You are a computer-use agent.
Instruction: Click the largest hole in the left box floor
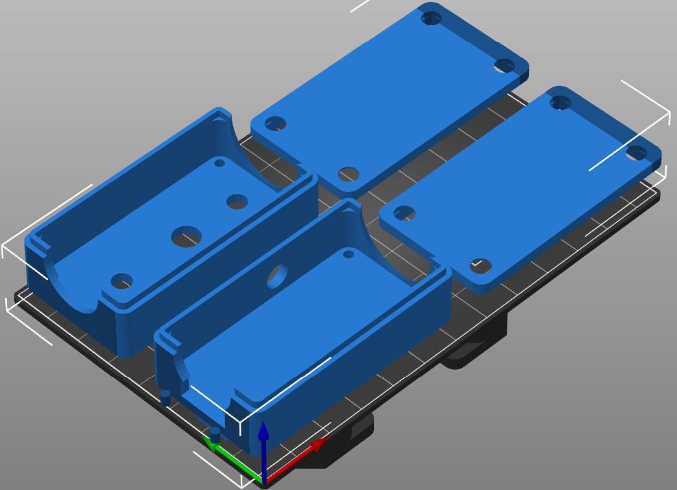point(186,237)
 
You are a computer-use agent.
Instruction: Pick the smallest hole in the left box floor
point(219,163)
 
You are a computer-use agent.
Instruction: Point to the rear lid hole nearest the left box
point(275,123)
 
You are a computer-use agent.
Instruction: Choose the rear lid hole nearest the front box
point(348,174)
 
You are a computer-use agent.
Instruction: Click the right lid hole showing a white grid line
point(479,264)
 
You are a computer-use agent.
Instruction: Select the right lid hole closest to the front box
point(404,212)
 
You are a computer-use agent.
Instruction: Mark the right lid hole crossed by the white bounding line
point(637,153)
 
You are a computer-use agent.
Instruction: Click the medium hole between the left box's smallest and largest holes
point(237,202)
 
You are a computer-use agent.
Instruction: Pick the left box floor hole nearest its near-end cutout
point(122,281)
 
